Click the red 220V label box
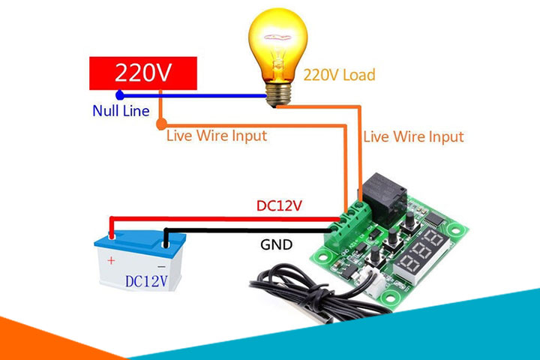(x=143, y=73)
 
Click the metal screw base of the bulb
(x=277, y=91)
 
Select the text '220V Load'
(x=338, y=75)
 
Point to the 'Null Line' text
(x=120, y=111)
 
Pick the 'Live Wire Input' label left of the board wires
(x=216, y=136)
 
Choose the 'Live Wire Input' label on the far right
(x=413, y=136)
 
